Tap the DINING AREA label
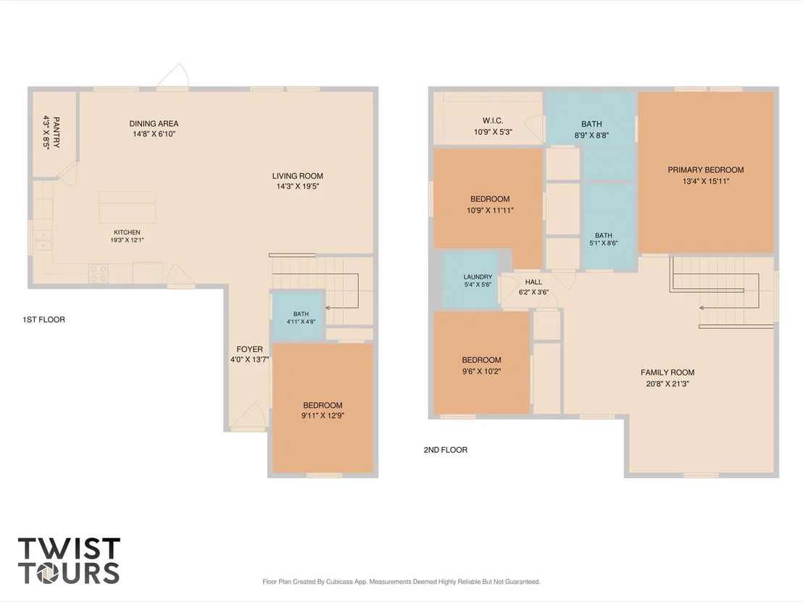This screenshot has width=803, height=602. coord(154,123)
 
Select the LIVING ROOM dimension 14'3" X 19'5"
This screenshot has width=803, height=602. coord(298,186)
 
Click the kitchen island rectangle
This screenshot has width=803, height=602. coord(127,206)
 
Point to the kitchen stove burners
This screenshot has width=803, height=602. coord(98,273)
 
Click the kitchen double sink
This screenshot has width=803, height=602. coord(43,241)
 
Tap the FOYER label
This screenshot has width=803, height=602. coord(249,349)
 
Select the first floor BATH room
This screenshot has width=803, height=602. coord(298,316)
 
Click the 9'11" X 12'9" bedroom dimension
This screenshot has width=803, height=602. coord(323,416)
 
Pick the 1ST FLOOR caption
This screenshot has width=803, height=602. coord(43,319)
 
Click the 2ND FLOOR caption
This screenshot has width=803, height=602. coord(445,450)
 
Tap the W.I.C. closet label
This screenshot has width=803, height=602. coord(493,121)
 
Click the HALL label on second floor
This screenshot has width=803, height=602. coord(533,282)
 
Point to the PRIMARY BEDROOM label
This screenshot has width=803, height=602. coord(706,170)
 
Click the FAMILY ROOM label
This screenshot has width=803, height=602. coord(667,372)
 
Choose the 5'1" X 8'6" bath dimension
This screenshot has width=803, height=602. coord(603,243)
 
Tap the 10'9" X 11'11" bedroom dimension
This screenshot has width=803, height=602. coord(490,210)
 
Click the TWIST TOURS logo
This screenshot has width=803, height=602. coord(69,561)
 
